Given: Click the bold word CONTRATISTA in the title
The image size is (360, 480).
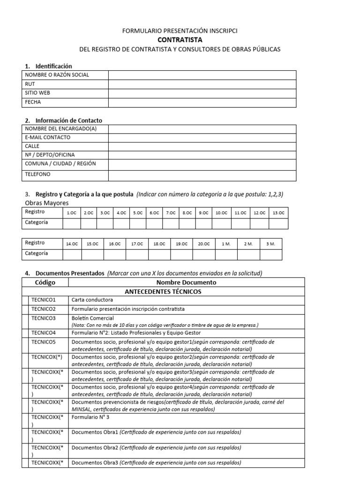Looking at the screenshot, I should (x=180, y=40).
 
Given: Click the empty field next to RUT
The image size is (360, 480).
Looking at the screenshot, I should (x=202, y=84).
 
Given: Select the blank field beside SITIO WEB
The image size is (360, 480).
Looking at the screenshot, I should (x=202, y=93).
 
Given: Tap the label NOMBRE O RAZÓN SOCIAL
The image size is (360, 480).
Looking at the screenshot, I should (x=57, y=75).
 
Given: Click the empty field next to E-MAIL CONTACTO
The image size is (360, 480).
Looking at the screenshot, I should (x=202, y=137).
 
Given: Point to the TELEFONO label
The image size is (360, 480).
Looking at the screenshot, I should (x=37, y=174).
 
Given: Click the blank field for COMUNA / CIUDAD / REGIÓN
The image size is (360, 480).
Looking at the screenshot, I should (x=202, y=164).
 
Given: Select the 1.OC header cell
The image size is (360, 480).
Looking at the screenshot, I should (x=72, y=213).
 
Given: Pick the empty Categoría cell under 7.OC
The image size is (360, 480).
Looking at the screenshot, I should (x=171, y=223).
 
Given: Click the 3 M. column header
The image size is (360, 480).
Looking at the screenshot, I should (x=270, y=244).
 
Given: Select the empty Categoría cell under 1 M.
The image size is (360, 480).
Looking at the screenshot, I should (x=226, y=255).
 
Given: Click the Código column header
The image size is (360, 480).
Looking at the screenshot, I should (x=45, y=283).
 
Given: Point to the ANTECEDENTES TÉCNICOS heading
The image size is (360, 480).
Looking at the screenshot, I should (x=163, y=292).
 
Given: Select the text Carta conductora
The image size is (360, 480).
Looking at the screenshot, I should (x=92, y=300).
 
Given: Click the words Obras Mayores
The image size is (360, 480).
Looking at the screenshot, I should (x=46, y=203).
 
